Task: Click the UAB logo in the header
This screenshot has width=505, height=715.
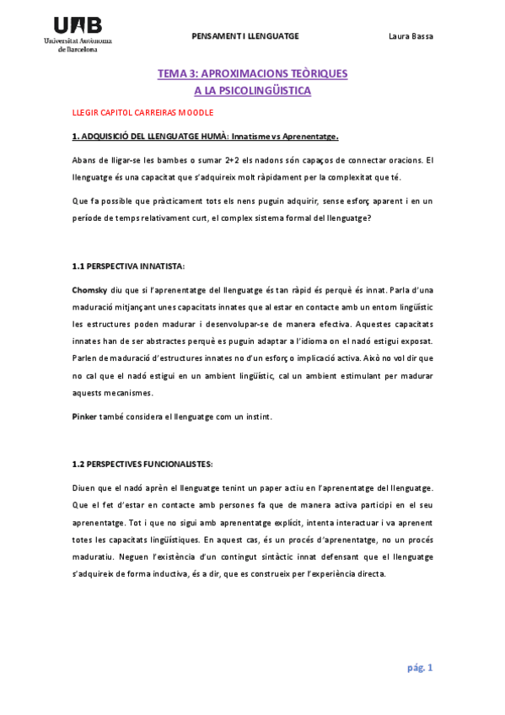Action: click(x=78, y=26)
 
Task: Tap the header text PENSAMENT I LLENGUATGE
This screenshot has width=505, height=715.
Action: click(x=245, y=36)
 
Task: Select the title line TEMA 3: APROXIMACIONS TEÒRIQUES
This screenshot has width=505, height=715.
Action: click(x=252, y=74)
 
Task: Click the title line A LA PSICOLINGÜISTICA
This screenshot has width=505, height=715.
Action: click(x=252, y=90)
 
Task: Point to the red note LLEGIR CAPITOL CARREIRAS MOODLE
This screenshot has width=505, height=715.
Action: click(x=142, y=112)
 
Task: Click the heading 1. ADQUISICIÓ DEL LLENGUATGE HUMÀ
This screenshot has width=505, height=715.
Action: click(x=149, y=136)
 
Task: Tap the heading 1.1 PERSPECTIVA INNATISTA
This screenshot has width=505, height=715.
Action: click(x=125, y=266)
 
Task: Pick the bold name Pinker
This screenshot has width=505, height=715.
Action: click(x=85, y=417)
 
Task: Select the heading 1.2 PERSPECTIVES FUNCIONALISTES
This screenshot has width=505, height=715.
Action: click(x=142, y=464)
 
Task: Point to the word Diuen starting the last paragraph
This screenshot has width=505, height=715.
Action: click(x=85, y=487)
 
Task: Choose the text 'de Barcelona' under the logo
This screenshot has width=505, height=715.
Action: click(x=78, y=49)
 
